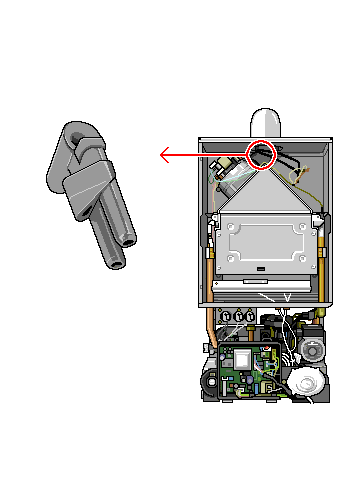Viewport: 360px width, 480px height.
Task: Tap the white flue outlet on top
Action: pyautogui.click(x=267, y=122)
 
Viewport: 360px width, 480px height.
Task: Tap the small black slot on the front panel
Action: pyautogui.click(x=262, y=269)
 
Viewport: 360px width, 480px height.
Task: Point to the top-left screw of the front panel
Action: pyautogui.click(x=232, y=227)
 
